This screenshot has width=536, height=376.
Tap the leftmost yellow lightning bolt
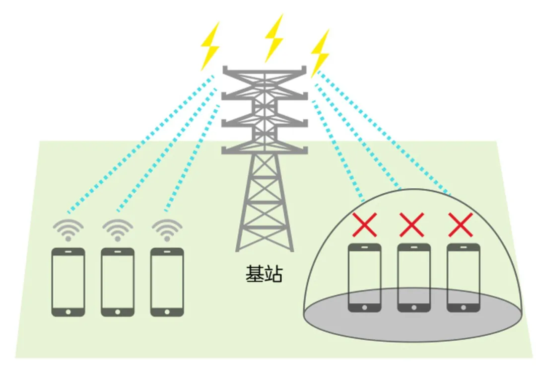coord(209,46)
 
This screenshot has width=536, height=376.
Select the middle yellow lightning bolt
coord(273,38)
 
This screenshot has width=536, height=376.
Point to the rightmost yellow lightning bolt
coord(320,52)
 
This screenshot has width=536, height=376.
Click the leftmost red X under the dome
coord(365,225)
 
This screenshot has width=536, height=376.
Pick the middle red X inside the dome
coord(412,225)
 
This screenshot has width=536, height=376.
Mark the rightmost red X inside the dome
coord(461,225)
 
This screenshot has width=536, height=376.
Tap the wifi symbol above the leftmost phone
coord(68,230)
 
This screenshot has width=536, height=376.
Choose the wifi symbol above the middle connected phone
coord(117,230)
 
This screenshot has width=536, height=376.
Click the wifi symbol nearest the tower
coord(167,230)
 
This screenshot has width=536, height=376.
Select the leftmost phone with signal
coord(68,282)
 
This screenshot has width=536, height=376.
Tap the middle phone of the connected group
coord(118,282)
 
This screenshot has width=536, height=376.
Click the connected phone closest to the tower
coord(167,282)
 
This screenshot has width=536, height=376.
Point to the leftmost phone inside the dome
coord(365,277)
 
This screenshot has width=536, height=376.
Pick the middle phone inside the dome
coord(413,277)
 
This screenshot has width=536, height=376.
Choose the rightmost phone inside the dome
coord(463,277)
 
